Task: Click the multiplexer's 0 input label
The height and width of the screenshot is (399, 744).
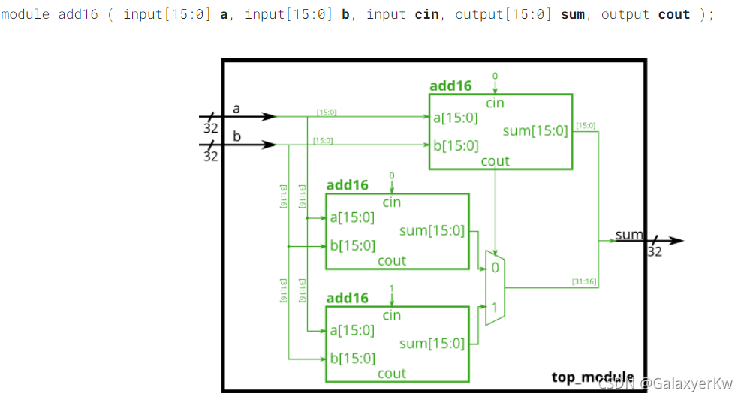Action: [495, 267]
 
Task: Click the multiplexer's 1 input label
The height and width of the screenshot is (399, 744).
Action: [495, 306]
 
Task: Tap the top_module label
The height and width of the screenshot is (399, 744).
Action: [592, 376]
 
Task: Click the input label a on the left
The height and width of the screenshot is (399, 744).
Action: [236, 109]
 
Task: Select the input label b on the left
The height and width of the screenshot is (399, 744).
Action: [236, 136]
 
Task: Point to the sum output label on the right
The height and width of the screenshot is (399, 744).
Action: [629, 234]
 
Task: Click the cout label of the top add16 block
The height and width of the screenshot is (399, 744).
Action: [495, 160]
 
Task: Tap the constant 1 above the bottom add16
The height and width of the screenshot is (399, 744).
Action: [391, 289]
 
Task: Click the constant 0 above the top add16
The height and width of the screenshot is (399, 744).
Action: [495, 76]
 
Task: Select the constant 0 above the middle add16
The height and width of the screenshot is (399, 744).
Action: [391, 175]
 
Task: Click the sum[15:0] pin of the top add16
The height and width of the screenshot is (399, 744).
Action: [535, 131]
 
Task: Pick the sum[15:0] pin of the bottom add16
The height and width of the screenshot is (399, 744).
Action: [432, 343]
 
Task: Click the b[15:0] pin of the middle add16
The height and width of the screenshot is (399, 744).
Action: [352, 244]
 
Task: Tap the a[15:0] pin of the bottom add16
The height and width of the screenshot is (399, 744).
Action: [352, 329]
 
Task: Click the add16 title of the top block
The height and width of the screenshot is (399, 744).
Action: [450, 85]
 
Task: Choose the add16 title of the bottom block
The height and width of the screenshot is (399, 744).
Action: [347, 298]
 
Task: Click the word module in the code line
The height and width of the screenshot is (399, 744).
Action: [26, 14]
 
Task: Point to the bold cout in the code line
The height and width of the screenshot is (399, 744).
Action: [674, 14]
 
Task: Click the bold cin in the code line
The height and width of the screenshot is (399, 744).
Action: [427, 14]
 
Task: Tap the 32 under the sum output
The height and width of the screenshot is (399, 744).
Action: [655, 251]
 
